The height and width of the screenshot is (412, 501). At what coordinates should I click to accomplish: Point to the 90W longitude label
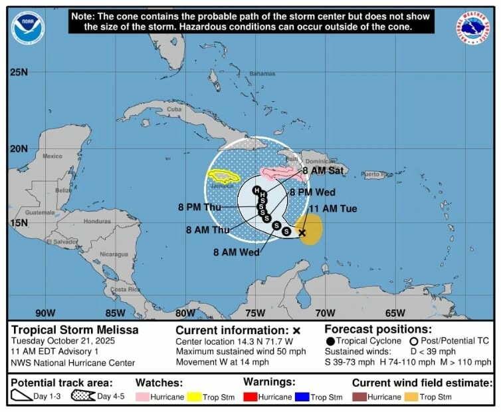coord(45,313)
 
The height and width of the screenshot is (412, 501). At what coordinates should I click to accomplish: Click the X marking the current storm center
coord(302,232)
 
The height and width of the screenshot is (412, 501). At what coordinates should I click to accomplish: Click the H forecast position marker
coord(256,190)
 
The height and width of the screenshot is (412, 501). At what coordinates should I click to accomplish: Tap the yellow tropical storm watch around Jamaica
coord(225,176)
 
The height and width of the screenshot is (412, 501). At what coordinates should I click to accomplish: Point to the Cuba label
coord(174,109)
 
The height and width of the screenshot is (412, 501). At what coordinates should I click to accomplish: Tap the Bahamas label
coord(262,73)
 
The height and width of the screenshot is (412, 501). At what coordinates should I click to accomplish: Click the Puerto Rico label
coord(377,174)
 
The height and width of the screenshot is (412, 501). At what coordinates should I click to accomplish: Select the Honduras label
coord(98,221)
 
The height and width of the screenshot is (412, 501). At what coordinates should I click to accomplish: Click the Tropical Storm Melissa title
coord(74,329)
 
